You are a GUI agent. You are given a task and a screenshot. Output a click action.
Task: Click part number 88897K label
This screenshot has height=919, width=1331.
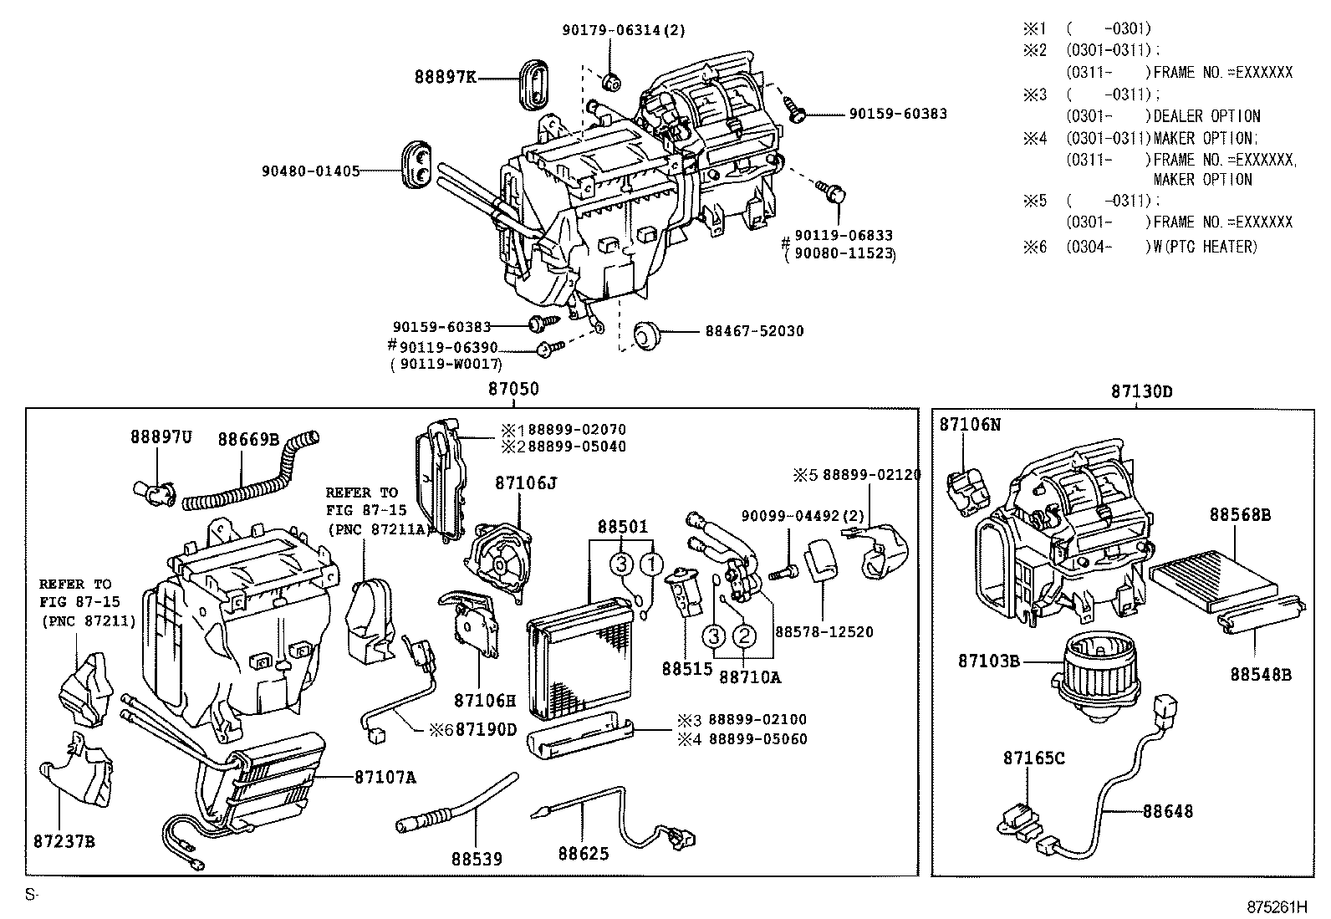coord(446,78)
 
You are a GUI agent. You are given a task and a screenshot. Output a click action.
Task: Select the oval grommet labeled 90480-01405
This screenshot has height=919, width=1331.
coord(417,166)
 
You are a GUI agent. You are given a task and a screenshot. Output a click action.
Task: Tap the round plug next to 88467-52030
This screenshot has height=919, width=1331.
coord(645,334)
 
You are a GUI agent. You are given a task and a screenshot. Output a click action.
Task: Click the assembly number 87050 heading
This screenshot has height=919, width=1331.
coord(513,390)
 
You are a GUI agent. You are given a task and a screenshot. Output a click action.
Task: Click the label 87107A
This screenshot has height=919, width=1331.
coord(385,778)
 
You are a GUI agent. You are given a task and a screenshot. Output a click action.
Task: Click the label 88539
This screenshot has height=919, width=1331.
coord(477,859)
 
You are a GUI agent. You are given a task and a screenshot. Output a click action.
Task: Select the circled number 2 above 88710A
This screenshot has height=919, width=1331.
coord(744,637)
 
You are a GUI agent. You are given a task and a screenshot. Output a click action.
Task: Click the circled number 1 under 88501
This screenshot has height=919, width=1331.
coord(652,564)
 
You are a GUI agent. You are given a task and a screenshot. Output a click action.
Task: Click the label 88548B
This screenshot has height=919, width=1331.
coord(1260,673)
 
